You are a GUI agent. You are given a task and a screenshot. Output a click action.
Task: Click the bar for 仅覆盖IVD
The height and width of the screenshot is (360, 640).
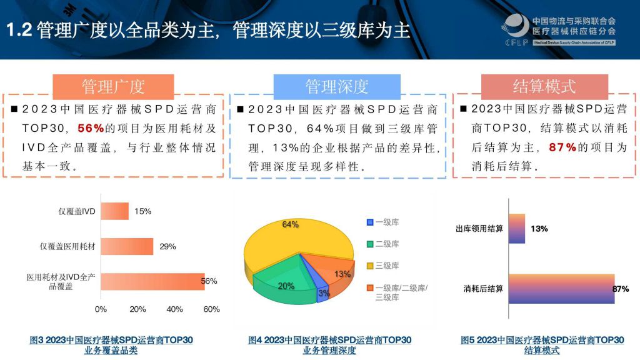tap(115, 211)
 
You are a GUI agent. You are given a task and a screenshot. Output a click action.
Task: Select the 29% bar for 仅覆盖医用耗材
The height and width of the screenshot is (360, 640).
tap(127, 246)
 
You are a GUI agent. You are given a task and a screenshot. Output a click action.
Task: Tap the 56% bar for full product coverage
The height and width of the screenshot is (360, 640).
tap(152, 282)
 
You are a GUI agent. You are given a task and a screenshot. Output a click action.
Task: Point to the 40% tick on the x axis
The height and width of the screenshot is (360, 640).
tap(174, 309)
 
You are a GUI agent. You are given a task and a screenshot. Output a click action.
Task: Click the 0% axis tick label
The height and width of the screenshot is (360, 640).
tap(101, 309)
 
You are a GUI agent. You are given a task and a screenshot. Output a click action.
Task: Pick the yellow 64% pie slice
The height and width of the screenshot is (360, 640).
tap(290, 241)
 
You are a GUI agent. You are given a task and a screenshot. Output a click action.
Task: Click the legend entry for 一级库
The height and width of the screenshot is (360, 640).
tap(383, 222)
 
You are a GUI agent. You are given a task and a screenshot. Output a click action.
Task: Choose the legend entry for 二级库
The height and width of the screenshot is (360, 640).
tap(383, 244)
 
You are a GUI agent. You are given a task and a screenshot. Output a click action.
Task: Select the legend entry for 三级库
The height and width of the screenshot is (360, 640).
tap(383, 266)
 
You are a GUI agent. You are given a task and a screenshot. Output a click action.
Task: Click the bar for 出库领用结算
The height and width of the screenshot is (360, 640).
tap(517, 229)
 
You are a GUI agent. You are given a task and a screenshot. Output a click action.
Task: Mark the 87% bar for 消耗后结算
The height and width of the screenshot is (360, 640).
tap(562, 289)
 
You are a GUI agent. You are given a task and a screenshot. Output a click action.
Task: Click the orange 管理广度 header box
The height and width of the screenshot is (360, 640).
tap(114, 86)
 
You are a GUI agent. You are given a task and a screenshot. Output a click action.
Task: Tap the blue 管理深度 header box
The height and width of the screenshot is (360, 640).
tap(337, 86)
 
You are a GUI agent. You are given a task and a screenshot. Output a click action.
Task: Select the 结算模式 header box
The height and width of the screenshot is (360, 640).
tap(544, 86)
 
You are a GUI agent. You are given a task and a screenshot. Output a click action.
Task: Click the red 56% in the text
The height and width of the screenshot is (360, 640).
tap(91, 128)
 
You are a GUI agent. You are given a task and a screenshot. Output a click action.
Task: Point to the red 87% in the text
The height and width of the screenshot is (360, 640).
tap(562, 147)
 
